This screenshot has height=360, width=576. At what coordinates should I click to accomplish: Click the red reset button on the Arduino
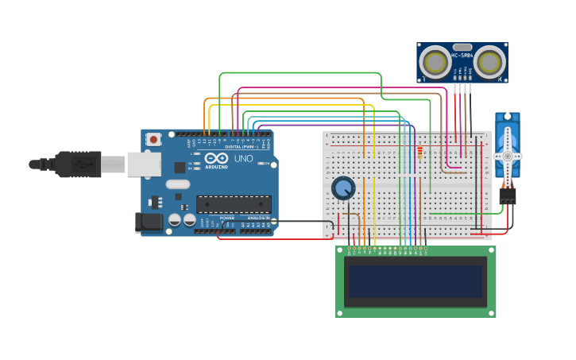(x=153, y=140)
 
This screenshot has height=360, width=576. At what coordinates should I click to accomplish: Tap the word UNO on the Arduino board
(x=243, y=159)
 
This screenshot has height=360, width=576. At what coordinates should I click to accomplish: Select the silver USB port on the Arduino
(x=144, y=165)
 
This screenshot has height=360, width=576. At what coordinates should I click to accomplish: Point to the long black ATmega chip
(x=234, y=204)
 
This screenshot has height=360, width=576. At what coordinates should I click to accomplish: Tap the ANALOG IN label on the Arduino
(x=257, y=218)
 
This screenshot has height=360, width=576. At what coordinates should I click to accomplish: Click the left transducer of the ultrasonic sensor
(x=435, y=62)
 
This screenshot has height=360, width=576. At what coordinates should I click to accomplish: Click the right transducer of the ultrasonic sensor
(x=489, y=62)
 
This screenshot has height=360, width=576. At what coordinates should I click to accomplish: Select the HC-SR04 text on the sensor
(x=462, y=56)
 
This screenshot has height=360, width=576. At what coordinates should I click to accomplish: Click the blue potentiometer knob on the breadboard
(x=343, y=188)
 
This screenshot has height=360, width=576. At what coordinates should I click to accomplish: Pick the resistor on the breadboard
(x=419, y=153)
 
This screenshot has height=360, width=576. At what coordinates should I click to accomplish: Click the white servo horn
(x=507, y=155)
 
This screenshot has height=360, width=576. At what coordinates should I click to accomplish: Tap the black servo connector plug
(x=507, y=195)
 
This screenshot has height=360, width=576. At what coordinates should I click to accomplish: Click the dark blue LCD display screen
(x=416, y=281)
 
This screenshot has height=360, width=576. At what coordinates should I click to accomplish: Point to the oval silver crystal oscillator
(x=177, y=184)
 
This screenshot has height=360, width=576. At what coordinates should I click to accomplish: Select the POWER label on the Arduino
(x=227, y=218)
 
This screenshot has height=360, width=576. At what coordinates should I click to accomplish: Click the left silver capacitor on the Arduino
(x=176, y=220)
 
